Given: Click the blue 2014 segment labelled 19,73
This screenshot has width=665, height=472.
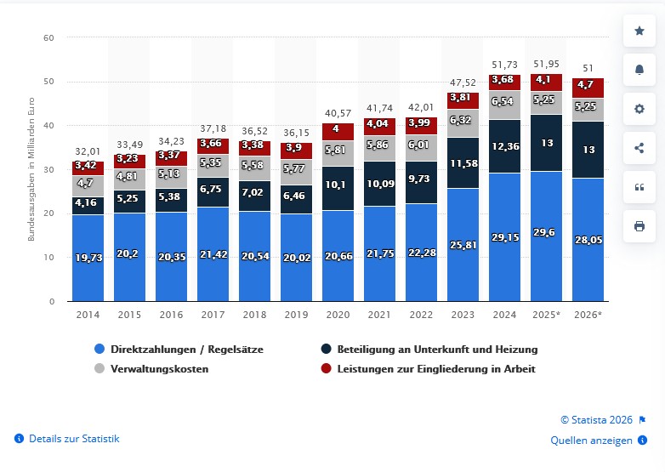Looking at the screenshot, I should click(88, 258).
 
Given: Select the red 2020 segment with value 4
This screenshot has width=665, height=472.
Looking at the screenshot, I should click(338, 130).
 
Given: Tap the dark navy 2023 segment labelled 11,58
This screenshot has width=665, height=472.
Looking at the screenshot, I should click(463, 162).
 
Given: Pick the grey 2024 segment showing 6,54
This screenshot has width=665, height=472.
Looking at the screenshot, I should click(504, 102).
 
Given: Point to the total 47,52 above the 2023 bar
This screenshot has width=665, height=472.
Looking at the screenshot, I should click(463, 83).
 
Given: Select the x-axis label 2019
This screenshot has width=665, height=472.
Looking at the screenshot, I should click(296, 314).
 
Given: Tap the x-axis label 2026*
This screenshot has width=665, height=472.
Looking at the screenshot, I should click(588, 314).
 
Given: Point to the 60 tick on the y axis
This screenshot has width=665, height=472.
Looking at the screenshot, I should click(49, 37).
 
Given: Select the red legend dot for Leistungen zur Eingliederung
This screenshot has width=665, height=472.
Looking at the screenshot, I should click(326, 369).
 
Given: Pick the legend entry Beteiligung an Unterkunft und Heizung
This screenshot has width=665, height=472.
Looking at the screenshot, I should click(437, 349).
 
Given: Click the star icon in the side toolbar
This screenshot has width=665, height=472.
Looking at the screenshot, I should click(639, 31).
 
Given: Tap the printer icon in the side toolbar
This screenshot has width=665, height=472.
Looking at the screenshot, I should click(639, 226).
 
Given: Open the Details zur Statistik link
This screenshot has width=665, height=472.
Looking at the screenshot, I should click(74, 439).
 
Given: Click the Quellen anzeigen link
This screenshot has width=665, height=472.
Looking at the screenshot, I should click(591, 440).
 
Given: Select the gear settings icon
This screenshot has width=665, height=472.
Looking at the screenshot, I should click(639, 109).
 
